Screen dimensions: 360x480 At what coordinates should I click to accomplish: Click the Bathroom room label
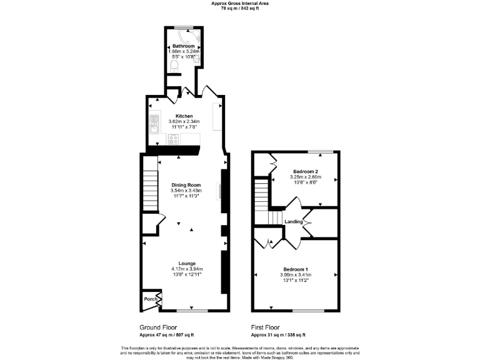pos(184,46)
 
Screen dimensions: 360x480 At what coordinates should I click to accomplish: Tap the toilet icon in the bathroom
pos(175,64)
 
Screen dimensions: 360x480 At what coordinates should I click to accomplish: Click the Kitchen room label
pos(184,116)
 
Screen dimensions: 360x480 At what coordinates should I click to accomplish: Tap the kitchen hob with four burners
pos(172,139)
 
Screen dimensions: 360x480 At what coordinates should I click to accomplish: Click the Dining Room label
pos(186,185)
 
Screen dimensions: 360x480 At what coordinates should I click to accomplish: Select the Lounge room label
pos(187,263)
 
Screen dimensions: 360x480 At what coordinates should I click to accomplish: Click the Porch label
pos(150,299)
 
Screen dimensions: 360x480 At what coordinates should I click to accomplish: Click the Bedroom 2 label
pos(306,171)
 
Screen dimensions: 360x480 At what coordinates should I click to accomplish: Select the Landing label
pos(293,222)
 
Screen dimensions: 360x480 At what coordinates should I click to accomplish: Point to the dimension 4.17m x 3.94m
pos(187,269)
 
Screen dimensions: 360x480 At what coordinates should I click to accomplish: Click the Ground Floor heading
pos(157,327)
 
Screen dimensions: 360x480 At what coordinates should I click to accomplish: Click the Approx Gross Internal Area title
pos(240,2)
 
